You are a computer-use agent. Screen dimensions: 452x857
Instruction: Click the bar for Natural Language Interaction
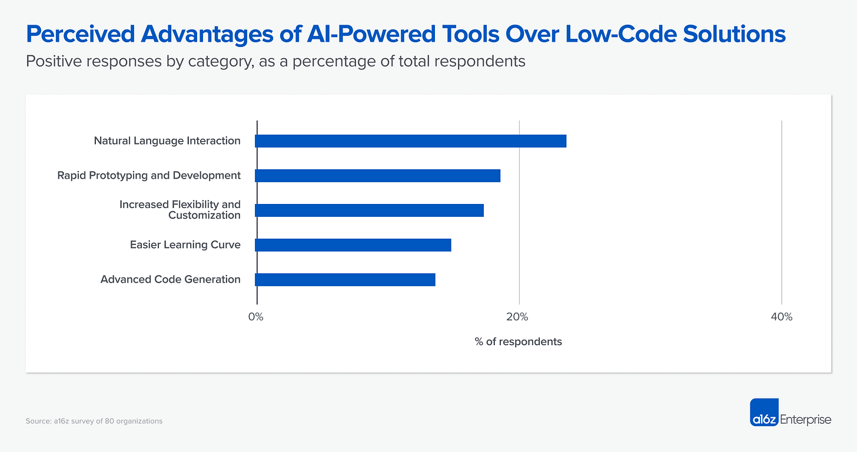(x=410, y=141)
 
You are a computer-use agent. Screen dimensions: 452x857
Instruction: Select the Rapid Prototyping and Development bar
(x=377, y=176)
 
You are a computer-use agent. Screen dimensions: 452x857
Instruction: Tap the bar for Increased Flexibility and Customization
(x=369, y=210)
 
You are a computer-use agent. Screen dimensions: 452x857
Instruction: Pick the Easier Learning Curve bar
(x=353, y=245)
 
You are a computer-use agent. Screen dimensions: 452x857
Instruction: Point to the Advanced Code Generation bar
(x=345, y=280)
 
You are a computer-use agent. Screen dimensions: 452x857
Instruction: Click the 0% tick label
(x=256, y=317)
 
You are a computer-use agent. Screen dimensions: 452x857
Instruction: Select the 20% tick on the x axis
(x=518, y=317)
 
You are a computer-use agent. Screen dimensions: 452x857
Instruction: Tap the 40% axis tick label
(x=781, y=317)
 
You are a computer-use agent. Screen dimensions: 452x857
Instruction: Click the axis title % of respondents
(x=518, y=341)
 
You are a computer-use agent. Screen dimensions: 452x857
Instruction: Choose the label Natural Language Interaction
(x=167, y=141)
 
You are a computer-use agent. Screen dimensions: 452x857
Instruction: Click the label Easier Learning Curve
(x=185, y=245)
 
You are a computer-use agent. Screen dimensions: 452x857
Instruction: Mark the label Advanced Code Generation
(x=170, y=279)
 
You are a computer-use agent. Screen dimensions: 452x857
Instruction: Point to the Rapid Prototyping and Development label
(x=149, y=175)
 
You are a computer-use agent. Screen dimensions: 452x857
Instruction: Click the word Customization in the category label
(x=204, y=216)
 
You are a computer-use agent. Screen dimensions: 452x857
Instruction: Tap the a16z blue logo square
(x=764, y=413)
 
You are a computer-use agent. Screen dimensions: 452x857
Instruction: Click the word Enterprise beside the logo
(x=805, y=420)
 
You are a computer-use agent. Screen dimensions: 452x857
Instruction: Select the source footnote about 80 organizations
(x=94, y=421)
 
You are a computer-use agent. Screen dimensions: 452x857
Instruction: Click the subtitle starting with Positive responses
(x=275, y=61)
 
